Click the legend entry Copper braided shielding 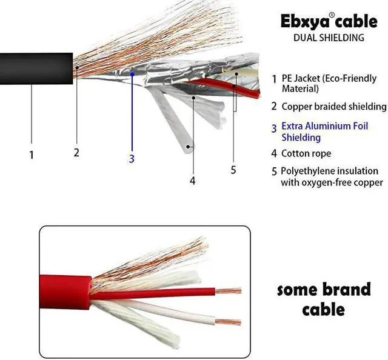point(333,107)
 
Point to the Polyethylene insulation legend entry point(332,176)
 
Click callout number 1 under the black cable point(32,155)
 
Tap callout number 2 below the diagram point(76,153)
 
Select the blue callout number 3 point(131,159)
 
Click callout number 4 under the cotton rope point(192,180)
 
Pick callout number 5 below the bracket point(233,170)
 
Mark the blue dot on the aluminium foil point(132,74)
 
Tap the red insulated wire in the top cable point(224,86)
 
